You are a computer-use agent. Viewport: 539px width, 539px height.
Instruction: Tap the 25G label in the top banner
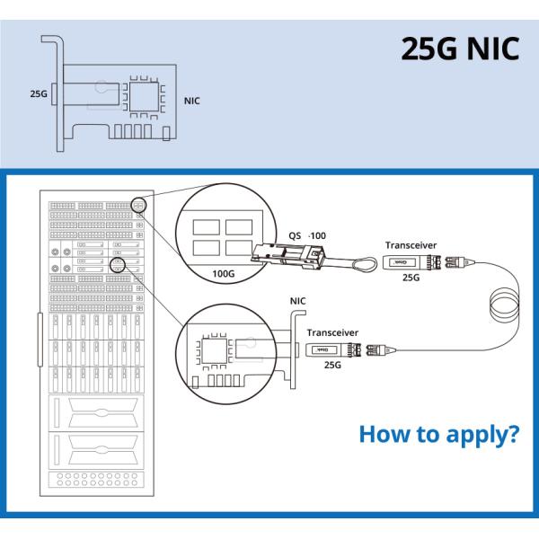pyautogui.click(x=38, y=92)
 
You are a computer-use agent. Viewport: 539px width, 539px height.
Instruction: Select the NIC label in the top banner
pyautogui.click(x=191, y=101)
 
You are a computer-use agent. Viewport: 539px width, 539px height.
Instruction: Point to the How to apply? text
pyautogui.click(x=438, y=435)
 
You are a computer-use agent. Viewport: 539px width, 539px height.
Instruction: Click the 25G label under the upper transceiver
pyautogui.click(x=411, y=278)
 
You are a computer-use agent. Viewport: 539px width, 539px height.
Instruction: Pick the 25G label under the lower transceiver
pyautogui.click(x=332, y=366)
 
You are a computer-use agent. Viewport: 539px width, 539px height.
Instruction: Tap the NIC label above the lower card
pyautogui.click(x=299, y=302)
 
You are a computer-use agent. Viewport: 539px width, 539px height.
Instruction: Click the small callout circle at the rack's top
pyautogui.click(x=138, y=205)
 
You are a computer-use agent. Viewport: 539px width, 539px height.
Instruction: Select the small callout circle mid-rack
pyautogui.click(x=118, y=267)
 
